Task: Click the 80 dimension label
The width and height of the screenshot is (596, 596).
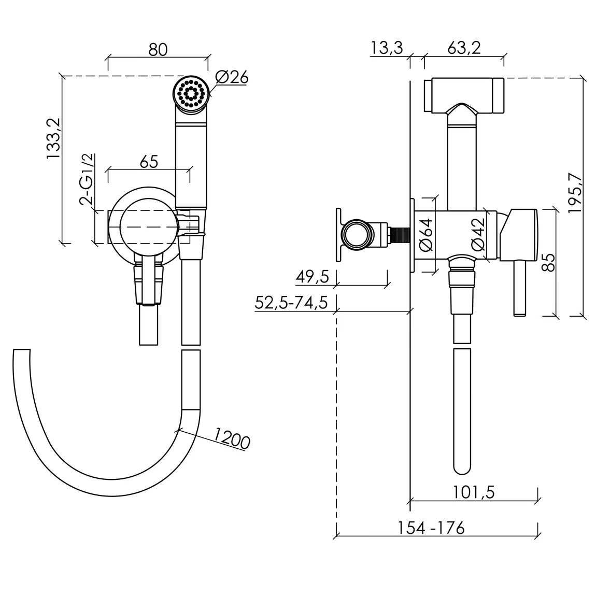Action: click(x=158, y=49)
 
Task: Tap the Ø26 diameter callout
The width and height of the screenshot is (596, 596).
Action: click(x=232, y=78)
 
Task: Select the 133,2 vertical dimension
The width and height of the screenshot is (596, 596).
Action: click(x=53, y=138)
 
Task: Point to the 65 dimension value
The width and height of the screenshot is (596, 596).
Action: click(x=149, y=162)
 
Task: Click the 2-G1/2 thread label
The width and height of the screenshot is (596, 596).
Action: click(x=87, y=179)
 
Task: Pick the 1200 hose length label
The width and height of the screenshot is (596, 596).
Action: click(x=232, y=438)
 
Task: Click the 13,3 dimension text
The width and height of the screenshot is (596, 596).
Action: click(x=386, y=48)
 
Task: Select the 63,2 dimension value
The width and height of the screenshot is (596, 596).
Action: click(x=464, y=48)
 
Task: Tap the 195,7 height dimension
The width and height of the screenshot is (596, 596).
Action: click(x=575, y=193)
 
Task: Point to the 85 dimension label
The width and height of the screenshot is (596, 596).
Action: click(x=548, y=262)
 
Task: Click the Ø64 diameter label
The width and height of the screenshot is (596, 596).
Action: click(x=426, y=235)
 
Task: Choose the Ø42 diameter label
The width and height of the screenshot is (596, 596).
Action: click(x=478, y=234)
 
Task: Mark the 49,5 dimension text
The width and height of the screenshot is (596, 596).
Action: click(x=313, y=277)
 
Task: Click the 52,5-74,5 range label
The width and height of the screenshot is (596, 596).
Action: click(x=291, y=303)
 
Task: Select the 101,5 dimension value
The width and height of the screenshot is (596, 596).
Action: click(x=474, y=492)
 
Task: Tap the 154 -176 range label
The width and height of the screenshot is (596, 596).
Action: click(x=431, y=528)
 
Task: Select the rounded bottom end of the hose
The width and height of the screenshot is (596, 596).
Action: click(x=462, y=467)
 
